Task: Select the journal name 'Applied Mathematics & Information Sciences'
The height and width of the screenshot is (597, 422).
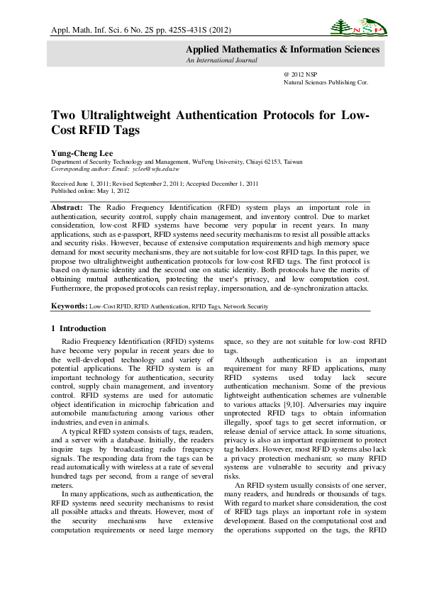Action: point(282,50)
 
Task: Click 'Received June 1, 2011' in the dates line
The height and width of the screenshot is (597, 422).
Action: point(79,184)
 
